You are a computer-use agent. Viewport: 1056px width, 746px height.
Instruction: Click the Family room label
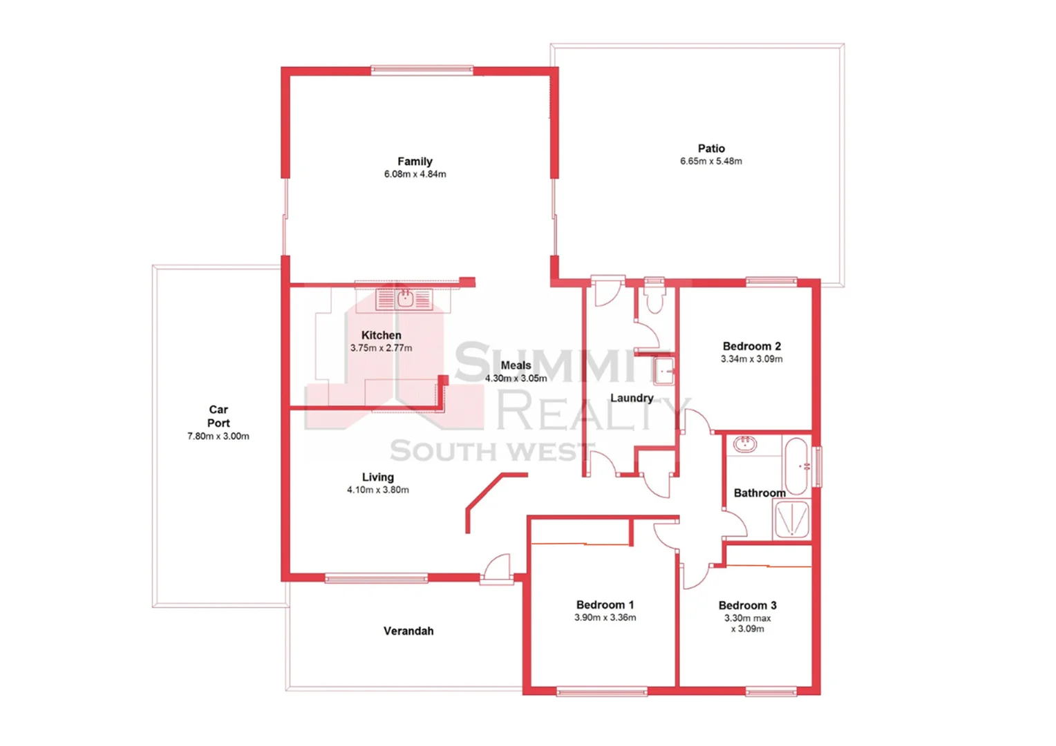(415, 161)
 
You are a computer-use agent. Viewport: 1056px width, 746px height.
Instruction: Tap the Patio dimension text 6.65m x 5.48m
(710, 161)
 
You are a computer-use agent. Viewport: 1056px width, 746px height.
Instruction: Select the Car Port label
(218, 416)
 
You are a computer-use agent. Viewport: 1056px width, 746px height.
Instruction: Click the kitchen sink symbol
(404, 299)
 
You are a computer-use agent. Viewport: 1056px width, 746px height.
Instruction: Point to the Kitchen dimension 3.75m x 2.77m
(381, 348)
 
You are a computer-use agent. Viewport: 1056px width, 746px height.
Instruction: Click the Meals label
(516, 365)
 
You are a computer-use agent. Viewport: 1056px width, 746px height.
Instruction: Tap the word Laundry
(631, 398)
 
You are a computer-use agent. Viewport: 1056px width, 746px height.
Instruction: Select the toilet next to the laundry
(653, 298)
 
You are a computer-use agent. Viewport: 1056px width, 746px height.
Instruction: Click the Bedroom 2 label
(751, 346)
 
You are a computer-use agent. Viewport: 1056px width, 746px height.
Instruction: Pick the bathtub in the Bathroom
(797, 466)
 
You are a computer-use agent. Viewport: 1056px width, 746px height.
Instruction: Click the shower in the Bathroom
(791, 519)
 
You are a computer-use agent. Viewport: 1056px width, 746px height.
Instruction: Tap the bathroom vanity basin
(744, 443)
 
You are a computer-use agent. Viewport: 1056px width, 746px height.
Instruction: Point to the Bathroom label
(759, 492)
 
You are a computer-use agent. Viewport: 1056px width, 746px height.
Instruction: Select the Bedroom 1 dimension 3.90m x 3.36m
(605, 618)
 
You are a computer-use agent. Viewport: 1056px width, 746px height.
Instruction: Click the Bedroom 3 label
(747, 605)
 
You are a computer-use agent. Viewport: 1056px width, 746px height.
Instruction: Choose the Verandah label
(408, 631)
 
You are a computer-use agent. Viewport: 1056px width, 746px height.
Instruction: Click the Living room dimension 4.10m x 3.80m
(377, 490)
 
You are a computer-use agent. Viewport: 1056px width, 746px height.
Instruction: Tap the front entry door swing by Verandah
(497, 568)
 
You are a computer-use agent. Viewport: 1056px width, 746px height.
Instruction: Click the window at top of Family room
(422, 70)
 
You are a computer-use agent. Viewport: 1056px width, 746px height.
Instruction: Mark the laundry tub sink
(663, 371)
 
